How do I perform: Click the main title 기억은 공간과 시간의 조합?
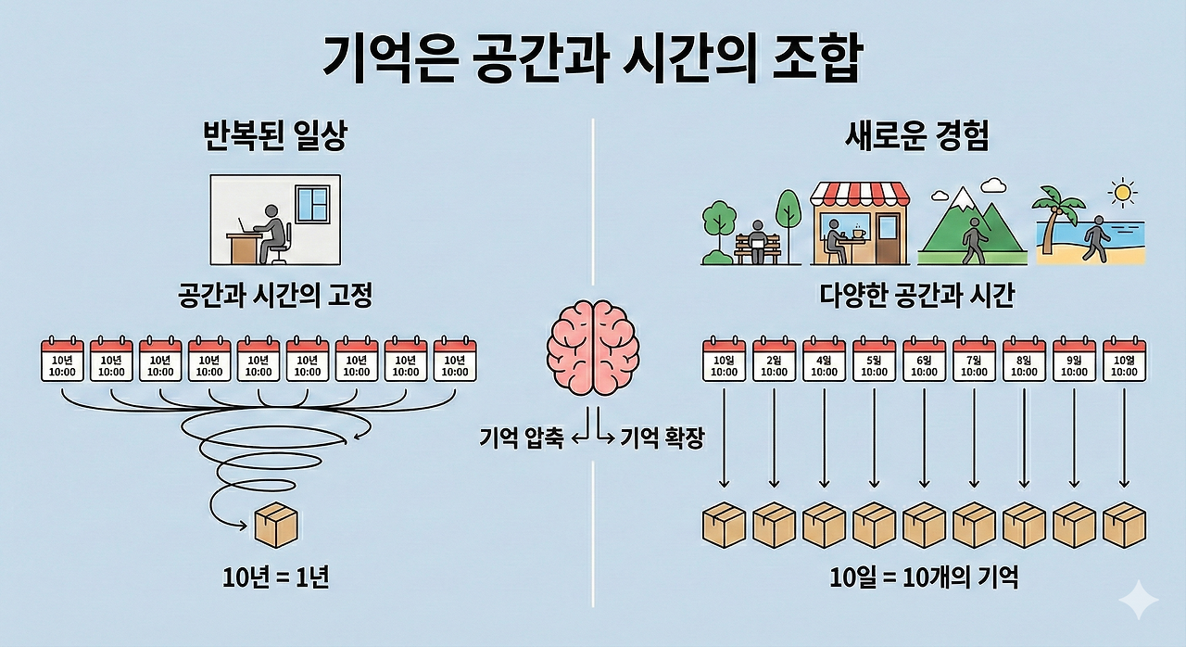(592, 61)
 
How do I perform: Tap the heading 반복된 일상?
(269, 138)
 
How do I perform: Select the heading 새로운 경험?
(916, 137)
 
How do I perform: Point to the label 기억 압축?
(521, 438)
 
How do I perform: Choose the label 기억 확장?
(662, 438)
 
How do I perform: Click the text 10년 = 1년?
(276, 578)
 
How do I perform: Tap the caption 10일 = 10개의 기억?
(924, 578)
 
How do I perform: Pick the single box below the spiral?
(275, 525)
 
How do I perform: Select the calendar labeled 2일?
(774, 360)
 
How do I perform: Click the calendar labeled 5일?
(874, 360)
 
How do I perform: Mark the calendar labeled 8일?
(1024, 360)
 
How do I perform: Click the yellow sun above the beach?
(1124, 193)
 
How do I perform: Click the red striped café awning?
(860, 195)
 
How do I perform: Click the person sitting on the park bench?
(757, 236)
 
